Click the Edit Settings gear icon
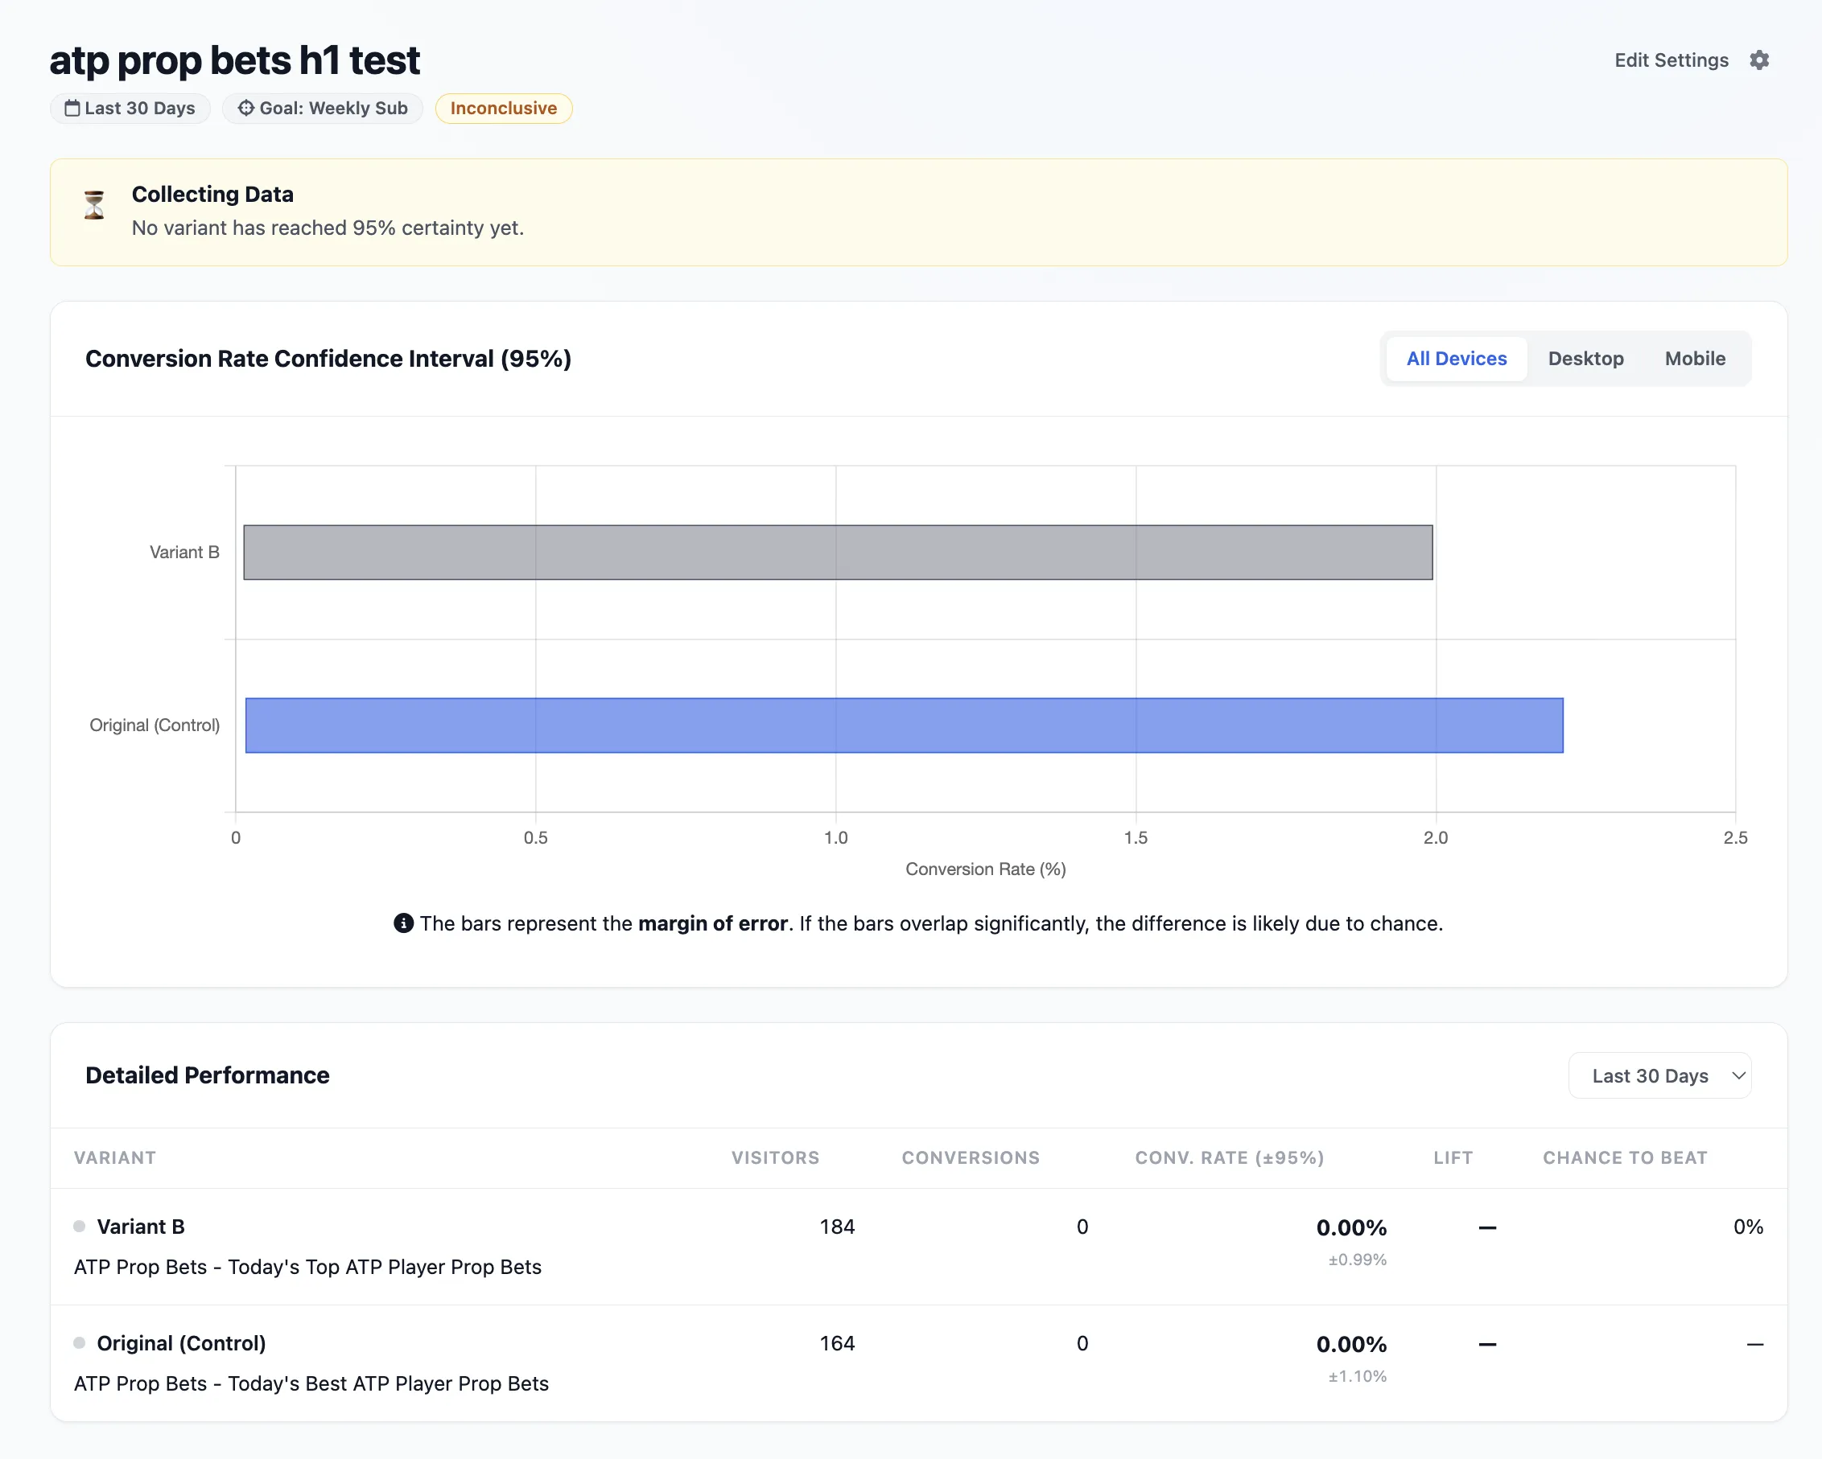1758,60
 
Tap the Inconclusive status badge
504,108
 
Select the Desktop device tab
1585,358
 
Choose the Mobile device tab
1694,358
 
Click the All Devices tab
1456,358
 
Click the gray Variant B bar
838,553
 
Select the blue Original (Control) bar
905,725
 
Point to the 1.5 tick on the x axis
1136,837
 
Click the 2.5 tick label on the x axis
1735,837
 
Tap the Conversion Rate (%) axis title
985,869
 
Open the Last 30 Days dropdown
1659,1075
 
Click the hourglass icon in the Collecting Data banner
94,205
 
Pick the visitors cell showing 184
837,1227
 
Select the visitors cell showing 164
837,1343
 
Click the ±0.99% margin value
1357,1260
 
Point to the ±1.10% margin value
1357,1376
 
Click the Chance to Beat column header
1624,1157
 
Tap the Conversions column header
971,1157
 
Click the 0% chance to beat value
1748,1227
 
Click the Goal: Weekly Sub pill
323,108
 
